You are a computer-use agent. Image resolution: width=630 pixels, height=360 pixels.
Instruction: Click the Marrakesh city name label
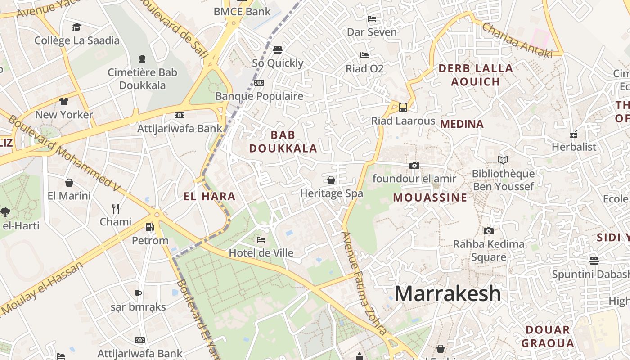coord(447,293)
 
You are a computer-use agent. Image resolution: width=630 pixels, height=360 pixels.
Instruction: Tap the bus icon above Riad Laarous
coord(403,108)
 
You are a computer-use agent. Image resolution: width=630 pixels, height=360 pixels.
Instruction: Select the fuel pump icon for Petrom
coord(150,228)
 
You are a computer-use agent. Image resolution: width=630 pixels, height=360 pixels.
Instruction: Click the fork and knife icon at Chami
coord(116,209)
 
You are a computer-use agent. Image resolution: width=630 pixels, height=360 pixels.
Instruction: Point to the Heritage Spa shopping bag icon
coord(331,180)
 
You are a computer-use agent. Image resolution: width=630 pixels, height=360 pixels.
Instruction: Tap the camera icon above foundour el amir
coord(414,166)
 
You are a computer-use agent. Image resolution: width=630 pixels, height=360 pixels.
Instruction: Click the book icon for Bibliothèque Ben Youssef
coord(503,160)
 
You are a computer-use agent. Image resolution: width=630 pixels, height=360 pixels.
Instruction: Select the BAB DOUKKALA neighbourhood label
coord(283,141)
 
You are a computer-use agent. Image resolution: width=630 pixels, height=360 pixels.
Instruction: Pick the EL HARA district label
coord(209,196)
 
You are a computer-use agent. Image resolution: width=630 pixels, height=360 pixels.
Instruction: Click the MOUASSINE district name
coord(430,198)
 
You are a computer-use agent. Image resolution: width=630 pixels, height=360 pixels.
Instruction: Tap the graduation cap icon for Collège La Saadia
coord(77,27)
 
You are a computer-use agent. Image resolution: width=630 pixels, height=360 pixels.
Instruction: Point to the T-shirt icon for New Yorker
coord(64,101)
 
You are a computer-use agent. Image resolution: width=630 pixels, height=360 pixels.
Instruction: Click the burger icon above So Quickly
coord(278,49)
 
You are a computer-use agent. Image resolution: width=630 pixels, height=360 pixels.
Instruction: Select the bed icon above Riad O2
coord(364,55)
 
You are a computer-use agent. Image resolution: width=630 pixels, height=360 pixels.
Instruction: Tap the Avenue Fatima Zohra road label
coord(364,283)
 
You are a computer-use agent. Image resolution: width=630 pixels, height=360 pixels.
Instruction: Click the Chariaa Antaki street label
coord(517,40)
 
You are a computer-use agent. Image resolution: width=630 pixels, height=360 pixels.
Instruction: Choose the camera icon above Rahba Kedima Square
coord(488,231)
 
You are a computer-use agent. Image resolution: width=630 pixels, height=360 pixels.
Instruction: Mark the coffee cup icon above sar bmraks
coord(138,294)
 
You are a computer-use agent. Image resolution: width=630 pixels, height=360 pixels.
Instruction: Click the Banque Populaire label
coord(259,96)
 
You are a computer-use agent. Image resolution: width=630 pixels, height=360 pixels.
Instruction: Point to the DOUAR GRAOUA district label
coord(547,336)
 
